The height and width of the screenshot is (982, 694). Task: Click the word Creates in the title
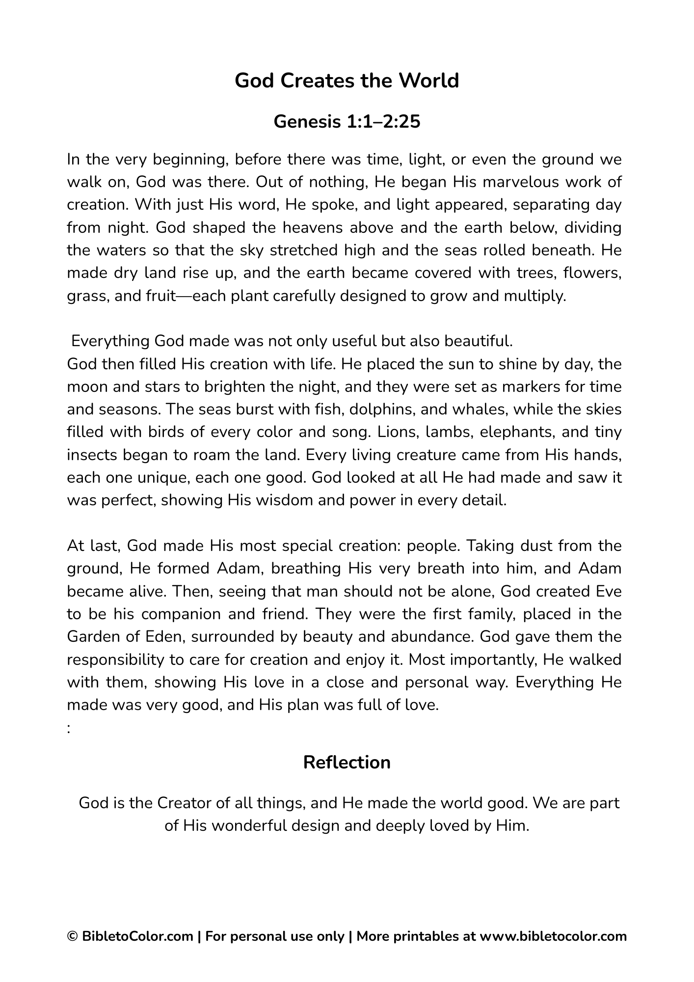coord(317,81)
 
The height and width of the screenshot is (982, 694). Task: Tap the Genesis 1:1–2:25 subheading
coord(347,121)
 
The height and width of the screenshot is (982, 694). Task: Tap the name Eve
coord(608,591)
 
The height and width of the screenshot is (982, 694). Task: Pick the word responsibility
coord(115,659)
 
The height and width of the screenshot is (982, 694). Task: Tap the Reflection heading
coord(347,763)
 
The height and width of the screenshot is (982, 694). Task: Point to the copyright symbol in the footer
coord(72,936)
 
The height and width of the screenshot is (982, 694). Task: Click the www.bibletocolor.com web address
coord(553,936)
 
